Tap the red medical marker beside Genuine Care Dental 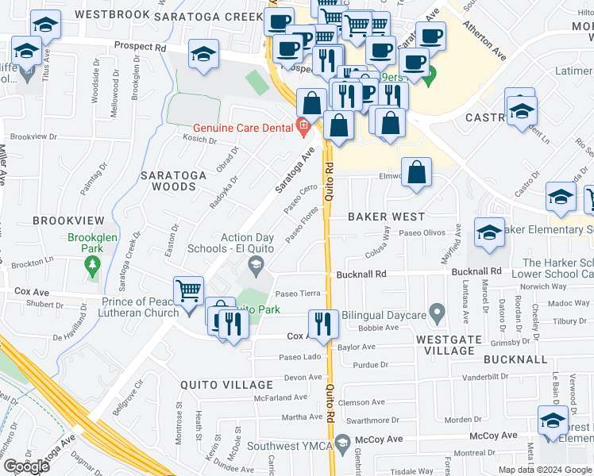tap(303, 126)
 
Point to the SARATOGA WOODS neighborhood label tap(173, 180)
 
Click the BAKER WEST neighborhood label tap(386, 216)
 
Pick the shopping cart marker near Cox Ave tap(190, 290)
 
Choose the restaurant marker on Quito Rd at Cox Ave tap(323, 322)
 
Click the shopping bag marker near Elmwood tap(416, 171)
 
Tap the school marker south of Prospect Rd tap(203, 54)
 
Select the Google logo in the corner tap(26, 466)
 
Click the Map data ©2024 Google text tap(545, 470)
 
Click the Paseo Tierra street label tap(297, 293)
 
